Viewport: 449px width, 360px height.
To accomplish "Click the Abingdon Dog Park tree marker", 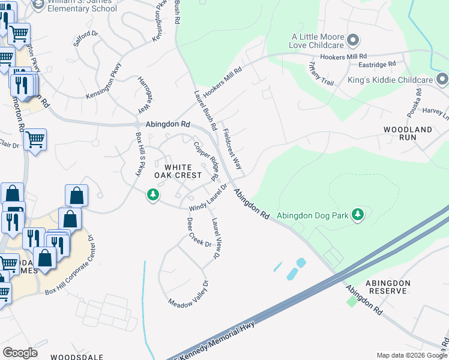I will point(358,214).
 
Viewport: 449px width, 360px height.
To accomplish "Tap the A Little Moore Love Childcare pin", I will point(354,41).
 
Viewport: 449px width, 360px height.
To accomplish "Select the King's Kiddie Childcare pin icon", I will point(442,79).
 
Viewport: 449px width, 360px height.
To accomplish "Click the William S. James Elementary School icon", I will point(38,5).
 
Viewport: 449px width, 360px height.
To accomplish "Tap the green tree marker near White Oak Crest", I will point(154,194).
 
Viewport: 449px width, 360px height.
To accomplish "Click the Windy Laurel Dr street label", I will point(208,199).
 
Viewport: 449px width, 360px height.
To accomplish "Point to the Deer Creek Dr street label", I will point(199,232).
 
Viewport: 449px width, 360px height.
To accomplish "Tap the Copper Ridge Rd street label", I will point(205,160).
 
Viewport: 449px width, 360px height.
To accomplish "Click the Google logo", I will point(20,353).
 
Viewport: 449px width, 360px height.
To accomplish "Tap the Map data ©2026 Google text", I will point(412,355).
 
